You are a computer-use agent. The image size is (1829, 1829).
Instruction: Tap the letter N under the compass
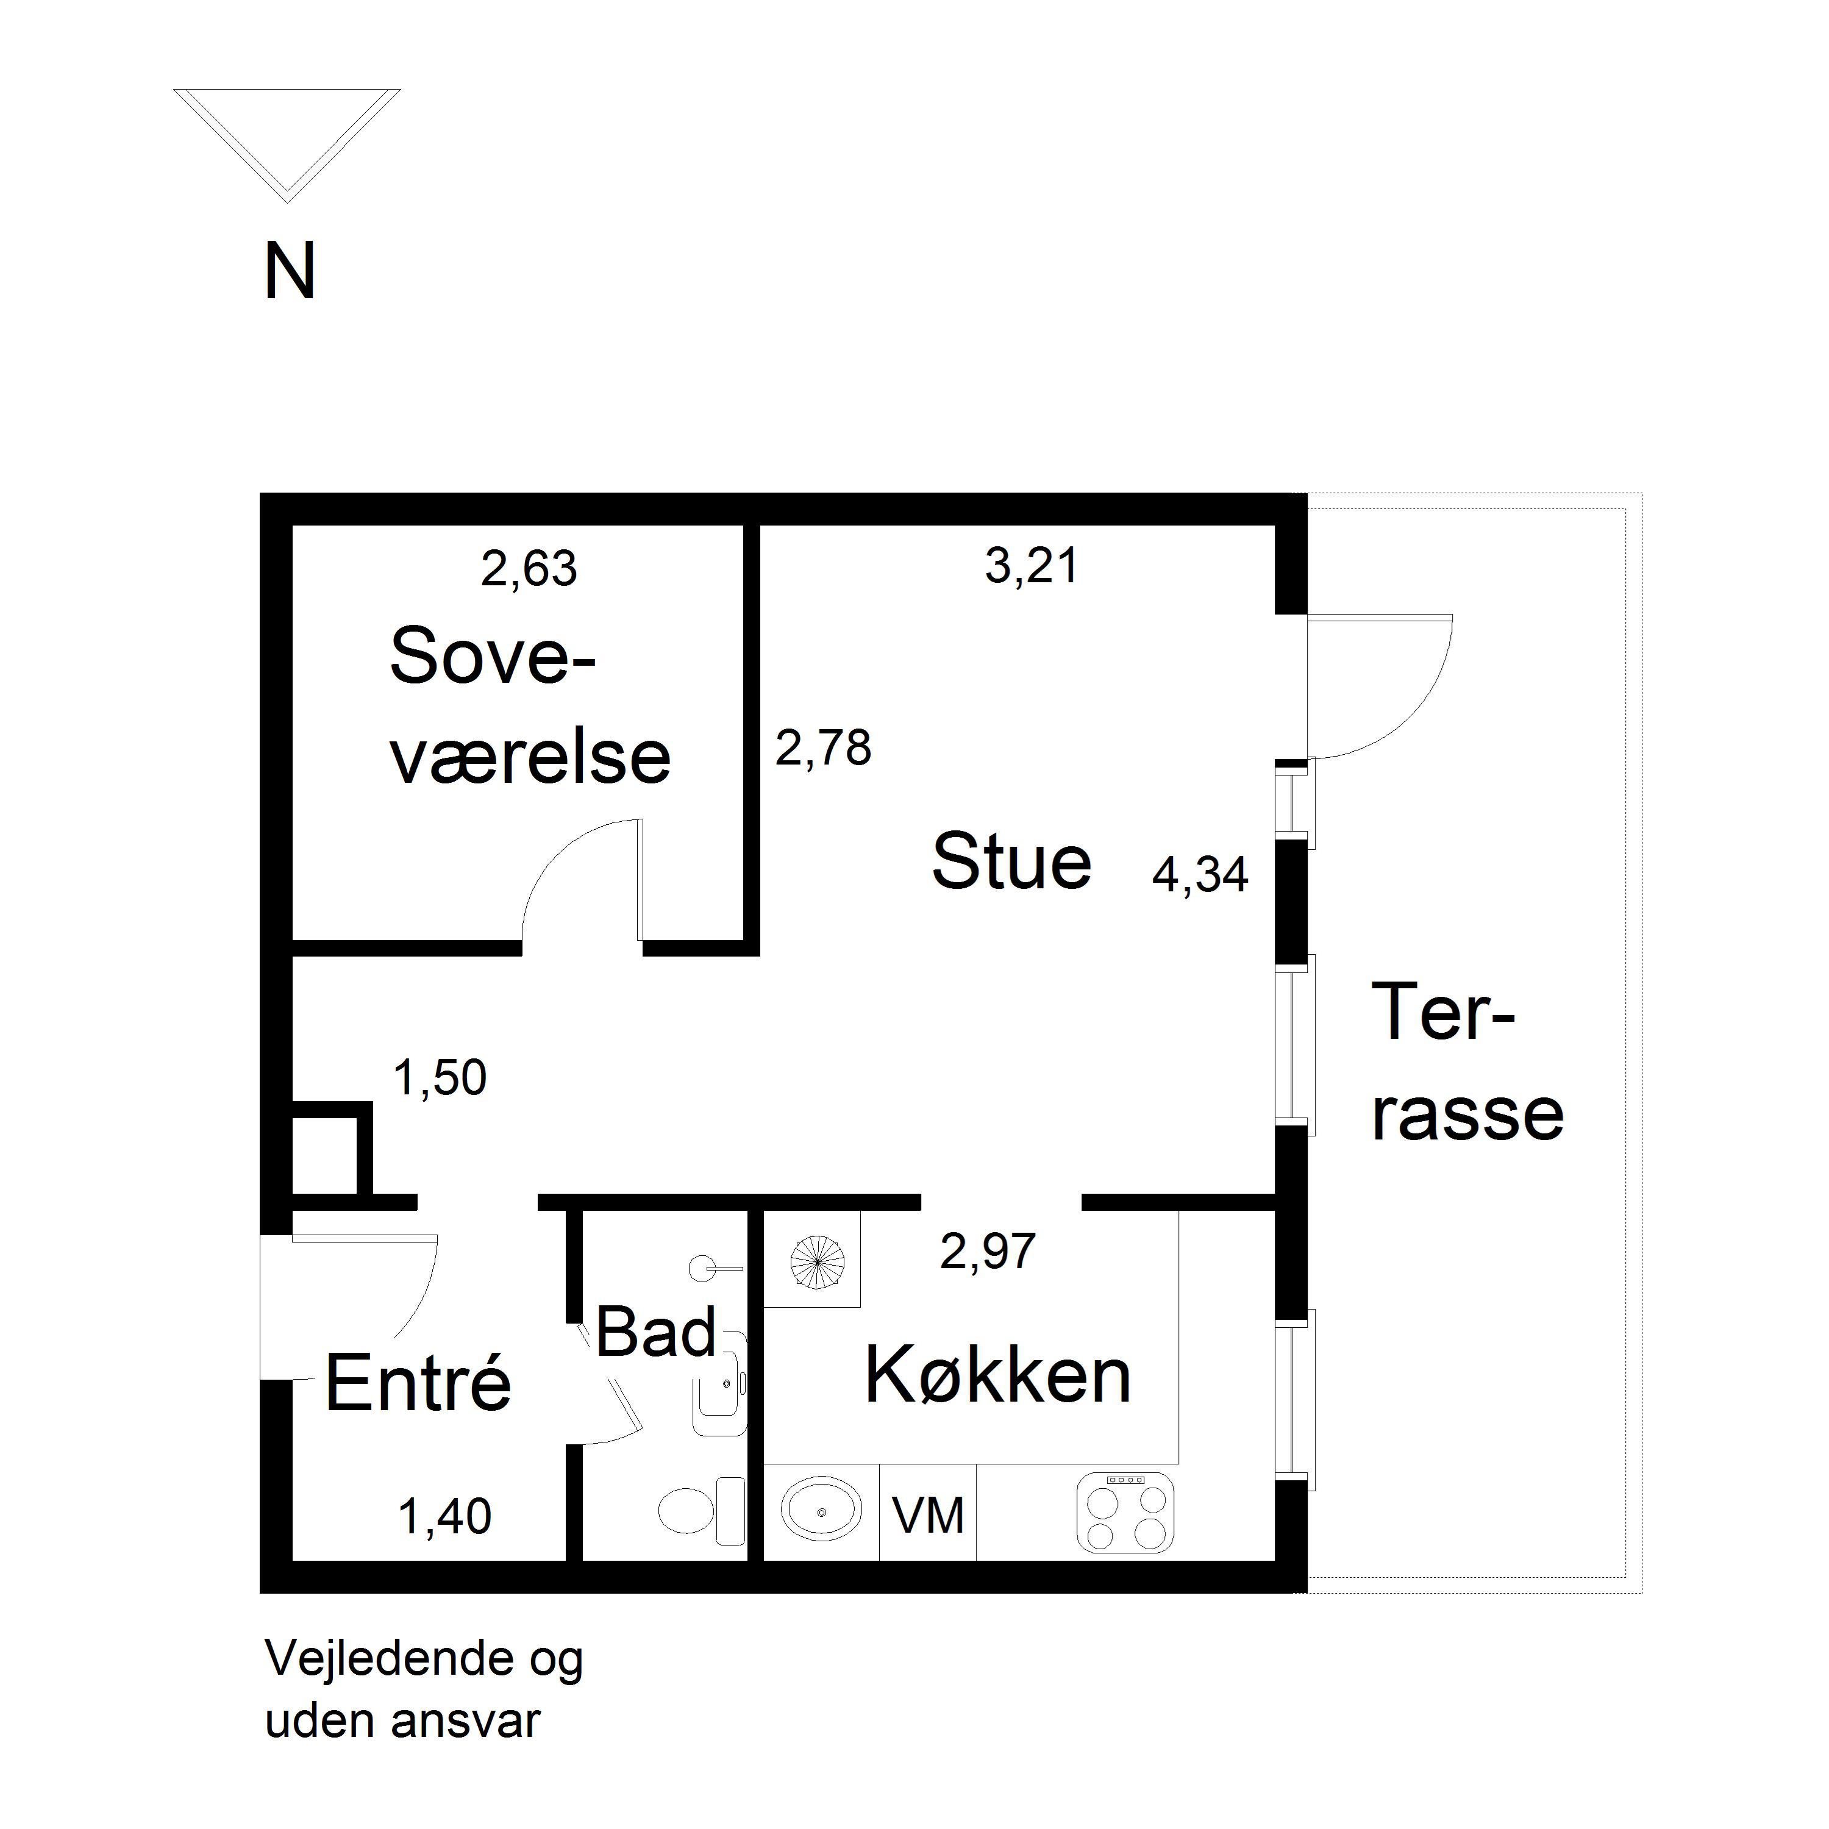[290, 272]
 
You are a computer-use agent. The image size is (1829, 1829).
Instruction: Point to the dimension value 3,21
[1032, 566]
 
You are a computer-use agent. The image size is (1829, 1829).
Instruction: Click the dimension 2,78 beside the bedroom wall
[822, 748]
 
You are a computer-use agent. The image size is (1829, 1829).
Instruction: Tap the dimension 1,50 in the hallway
[440, 1077]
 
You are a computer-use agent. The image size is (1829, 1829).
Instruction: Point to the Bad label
[655, 1332]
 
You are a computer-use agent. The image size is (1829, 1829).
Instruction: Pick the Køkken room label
[998, 1375]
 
